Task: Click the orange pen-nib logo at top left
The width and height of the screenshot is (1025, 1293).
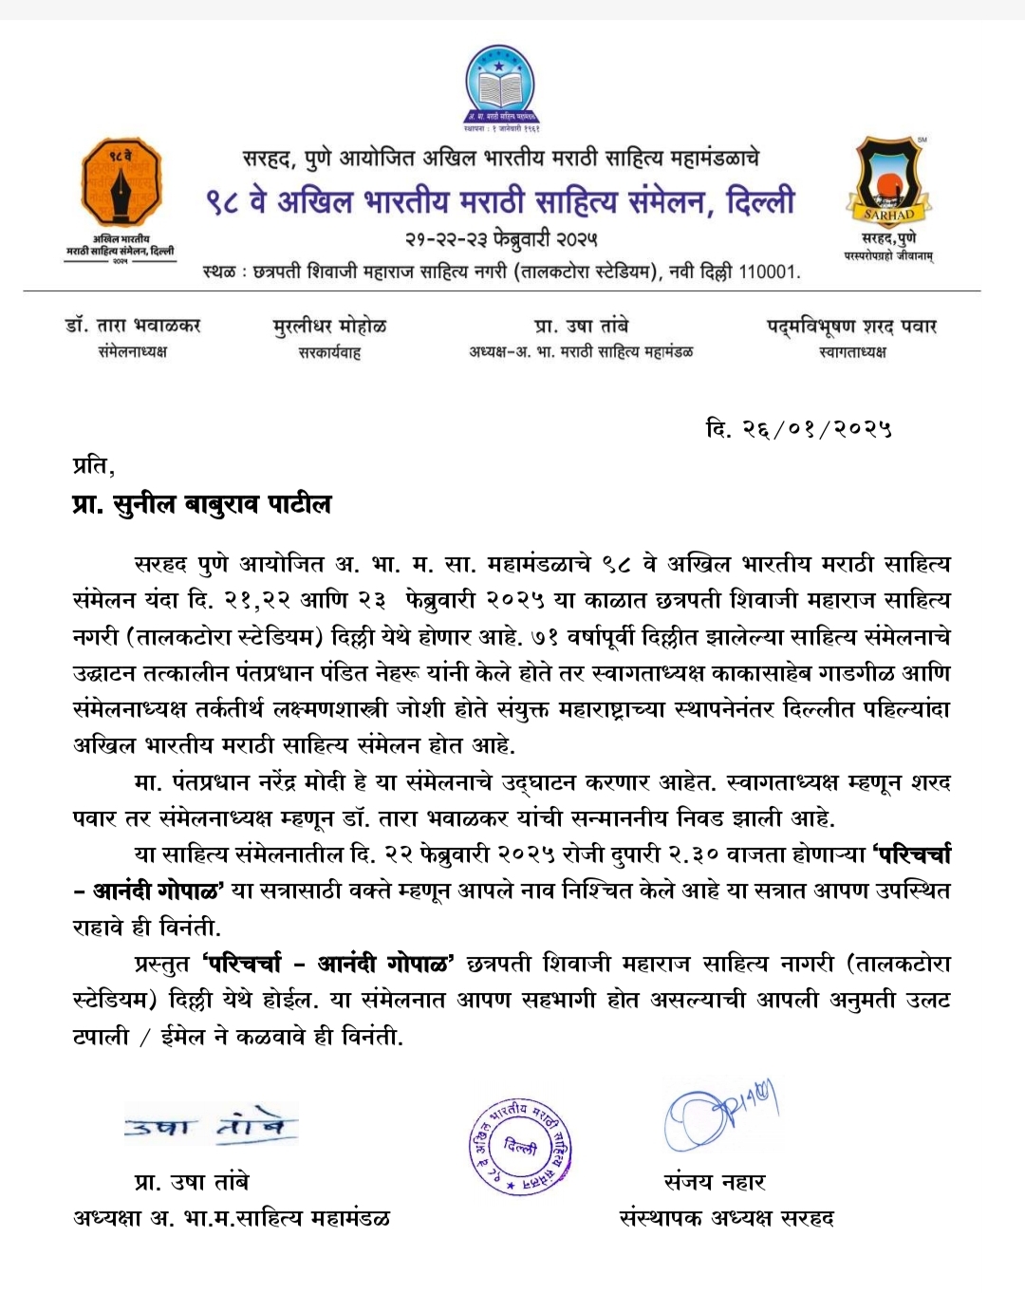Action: [x=121, y=180]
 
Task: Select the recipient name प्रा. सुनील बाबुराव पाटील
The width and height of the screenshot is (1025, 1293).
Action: [x=201, y=504]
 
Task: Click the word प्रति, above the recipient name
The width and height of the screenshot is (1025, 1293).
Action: [x=93, y=466]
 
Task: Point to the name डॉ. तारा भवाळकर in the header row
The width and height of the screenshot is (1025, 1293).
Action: [x=133, y=327]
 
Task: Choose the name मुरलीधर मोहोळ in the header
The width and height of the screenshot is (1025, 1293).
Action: [x=329, y=327]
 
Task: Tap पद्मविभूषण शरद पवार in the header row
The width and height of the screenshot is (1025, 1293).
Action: [x=851, y=327]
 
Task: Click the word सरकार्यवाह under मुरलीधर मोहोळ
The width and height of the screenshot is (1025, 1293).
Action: [x=329, y=353]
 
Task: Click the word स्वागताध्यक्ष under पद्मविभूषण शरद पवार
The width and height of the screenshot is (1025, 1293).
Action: [x=851, y=352]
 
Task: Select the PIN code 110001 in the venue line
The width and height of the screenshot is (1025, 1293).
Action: [x=767, y=272]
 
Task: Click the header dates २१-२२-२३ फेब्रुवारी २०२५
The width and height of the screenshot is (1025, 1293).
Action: [x=501, y=238]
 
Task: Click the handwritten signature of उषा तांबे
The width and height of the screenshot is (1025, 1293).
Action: [x=211, y=1126]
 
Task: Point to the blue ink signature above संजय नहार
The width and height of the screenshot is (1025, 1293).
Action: [x=719, y=1116]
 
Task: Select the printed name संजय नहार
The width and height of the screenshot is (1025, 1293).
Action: [x=715, y=1182]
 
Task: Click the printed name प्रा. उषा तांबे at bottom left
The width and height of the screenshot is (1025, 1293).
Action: [x=192, y=1182]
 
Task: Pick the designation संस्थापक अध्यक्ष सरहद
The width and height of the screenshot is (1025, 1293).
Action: [x=726, y=1218]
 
